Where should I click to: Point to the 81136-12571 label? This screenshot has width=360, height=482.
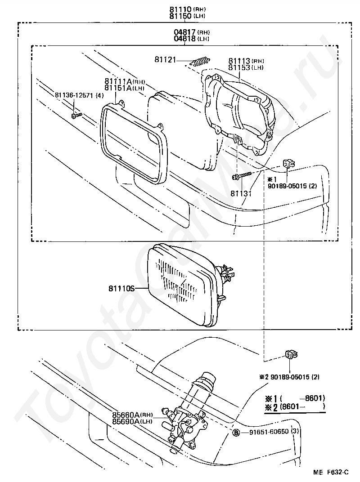pos(74,95)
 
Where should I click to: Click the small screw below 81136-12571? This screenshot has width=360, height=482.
pos(76,116)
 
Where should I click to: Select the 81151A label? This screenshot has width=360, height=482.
pos(117,88)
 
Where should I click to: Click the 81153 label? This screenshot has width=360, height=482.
pos(239,67)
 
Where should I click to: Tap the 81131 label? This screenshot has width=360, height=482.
pos(241,193)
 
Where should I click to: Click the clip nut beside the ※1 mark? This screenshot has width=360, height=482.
pos(288,164)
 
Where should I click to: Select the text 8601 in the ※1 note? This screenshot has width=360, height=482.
pos(315,398)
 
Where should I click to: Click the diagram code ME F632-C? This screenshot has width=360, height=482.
pos(331,473)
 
